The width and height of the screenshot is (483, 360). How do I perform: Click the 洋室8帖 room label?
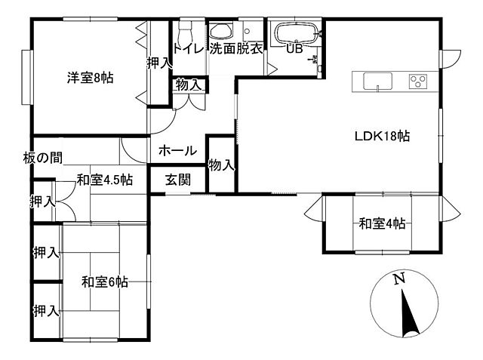89,77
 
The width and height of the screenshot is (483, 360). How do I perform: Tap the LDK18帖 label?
383,137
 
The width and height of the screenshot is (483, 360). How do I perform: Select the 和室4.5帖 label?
105,180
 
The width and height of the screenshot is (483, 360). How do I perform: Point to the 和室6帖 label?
105,282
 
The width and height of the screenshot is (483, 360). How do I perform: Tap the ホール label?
178,150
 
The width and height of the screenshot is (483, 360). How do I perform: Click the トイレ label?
186,49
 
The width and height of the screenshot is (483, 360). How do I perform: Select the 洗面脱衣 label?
235,49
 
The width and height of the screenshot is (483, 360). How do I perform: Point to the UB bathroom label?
294,49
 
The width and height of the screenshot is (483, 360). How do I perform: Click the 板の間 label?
42,157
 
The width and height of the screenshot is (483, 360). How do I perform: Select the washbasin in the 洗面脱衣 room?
221,30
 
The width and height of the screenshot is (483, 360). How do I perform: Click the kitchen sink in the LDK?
377,81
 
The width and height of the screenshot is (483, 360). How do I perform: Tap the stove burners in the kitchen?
418,81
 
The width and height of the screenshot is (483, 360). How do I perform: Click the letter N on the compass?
399,279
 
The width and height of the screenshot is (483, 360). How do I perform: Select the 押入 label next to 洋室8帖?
159,63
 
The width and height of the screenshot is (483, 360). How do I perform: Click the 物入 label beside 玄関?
221,165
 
